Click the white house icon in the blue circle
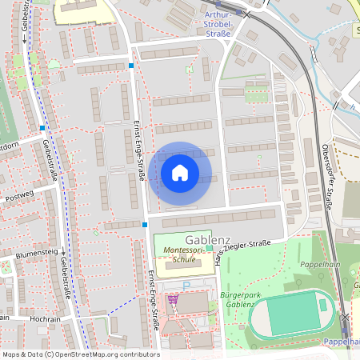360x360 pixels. (180, 172)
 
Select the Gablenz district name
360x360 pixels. (208, 239)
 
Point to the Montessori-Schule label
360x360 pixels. (179, 254)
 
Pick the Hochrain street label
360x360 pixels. (40, 318)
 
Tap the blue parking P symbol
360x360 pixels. (186, 285)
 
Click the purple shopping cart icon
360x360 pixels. (172, 300)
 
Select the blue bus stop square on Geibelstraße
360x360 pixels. (42, 128)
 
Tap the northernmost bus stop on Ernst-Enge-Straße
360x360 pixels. (131, 66)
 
